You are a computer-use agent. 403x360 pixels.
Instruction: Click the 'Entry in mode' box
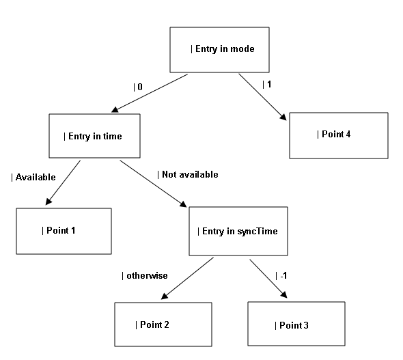pos(219,50)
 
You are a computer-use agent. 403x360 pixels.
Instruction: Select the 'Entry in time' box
pos(94,136)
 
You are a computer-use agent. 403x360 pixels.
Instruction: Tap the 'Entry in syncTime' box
pos(238,231)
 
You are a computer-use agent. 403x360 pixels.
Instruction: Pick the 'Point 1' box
pos(64,231)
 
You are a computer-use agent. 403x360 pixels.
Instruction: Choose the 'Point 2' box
pos(163,324)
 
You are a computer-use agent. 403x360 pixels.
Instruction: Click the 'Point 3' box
pos(296,324)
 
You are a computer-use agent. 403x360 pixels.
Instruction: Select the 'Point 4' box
pos(339,135)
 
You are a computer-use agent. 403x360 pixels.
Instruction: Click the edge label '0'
pos(140,87)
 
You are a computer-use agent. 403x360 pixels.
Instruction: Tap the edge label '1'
pos(269,84)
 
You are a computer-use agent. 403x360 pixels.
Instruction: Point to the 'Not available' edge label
pos(190,174)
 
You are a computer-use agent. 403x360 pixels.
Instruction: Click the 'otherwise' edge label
pos(147,276)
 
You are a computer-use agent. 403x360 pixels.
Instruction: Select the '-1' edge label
pos(283,276)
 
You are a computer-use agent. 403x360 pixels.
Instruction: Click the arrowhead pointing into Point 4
pos(283,117)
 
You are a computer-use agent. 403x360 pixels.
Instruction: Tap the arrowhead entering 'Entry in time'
pos(115,110)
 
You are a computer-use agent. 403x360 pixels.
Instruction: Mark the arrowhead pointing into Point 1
pos(48,202)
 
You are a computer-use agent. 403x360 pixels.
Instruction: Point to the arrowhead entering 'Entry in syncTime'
pos(183,204)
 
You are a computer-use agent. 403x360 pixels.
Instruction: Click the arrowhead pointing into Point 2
pos(164,296)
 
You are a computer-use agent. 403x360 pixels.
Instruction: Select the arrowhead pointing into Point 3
pos(283,294)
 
